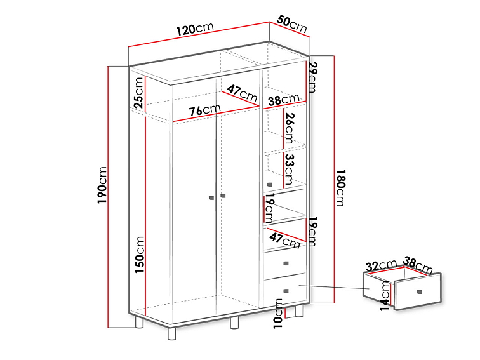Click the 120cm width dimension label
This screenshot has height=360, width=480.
tap(195, 29)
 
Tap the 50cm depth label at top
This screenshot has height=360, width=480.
tap(291, 24)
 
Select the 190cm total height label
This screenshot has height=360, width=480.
tap(102, 185)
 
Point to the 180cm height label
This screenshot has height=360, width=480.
tap(340, 188)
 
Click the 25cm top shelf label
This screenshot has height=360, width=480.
tap(138, 93)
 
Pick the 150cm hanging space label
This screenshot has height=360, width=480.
tap(139, 255)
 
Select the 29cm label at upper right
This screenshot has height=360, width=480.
tap(312, 77)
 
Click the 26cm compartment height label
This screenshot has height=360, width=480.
tap(290, 128)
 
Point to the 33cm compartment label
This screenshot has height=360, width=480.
tap(290, 169)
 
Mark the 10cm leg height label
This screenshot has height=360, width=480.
tap(278, 314)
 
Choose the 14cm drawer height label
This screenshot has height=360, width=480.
tap(385, 296)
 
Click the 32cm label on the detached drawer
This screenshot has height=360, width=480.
tap(382, 265)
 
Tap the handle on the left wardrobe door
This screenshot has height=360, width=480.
tap(211, 197)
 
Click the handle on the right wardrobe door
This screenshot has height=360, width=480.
tap(223, 196)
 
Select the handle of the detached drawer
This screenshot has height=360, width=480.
tap(420, 291)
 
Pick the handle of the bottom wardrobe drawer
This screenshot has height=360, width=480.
tap(286, 291)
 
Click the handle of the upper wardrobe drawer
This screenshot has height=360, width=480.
tap(286, 263)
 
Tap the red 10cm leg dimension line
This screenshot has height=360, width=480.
tap(285, 314)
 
